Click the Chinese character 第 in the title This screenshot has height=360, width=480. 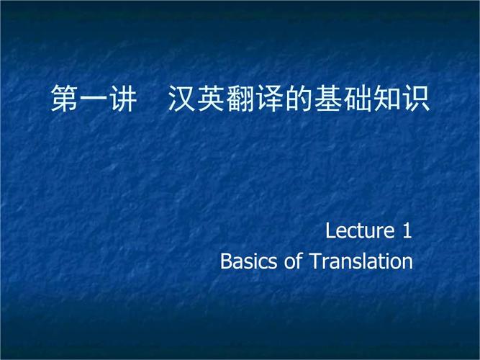[64, 99]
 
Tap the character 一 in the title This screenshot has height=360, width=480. [94, 99]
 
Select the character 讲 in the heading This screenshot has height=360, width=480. [123, 99]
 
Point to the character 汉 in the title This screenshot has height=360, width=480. [181, 99]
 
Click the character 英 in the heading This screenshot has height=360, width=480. [211, 99]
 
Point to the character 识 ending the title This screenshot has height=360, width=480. [417, 99]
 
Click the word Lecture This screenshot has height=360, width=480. [360, 230]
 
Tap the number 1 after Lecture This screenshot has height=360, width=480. [407, 230]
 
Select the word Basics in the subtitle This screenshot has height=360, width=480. [248, 261]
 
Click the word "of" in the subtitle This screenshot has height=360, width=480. [294, 261]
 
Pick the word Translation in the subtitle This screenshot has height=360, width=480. [361, 261]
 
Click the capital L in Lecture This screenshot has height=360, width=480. [330, 230]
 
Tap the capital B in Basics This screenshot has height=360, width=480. [226, 261]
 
